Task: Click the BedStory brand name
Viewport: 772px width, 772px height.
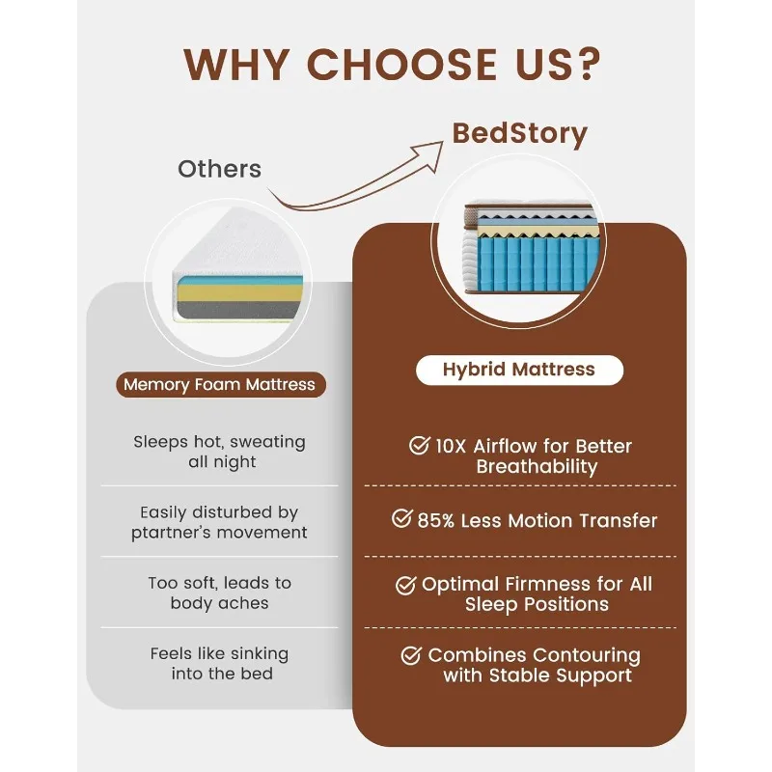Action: tap(520, 133)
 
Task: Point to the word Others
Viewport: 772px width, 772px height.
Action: tap(220, 169)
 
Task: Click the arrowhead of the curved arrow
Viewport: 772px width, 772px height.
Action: tap(430, 153)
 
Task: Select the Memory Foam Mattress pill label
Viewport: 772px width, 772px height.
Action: tap(221, 384)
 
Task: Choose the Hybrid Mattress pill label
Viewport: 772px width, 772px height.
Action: tap(519, 370)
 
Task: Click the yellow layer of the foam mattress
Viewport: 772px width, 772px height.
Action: tap(239, 293)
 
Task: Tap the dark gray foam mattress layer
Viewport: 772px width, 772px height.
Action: tap(238, 310)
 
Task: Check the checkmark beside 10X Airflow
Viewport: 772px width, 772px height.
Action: tap(420, 445)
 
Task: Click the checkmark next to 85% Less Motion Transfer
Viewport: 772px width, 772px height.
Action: tap(402, 518)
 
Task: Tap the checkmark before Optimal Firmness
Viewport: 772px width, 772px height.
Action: tap(406, 585)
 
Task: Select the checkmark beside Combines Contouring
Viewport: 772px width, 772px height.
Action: tap(412, 655)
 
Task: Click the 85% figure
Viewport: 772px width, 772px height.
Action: tap(436, 520)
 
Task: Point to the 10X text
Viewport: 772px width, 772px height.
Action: tap(451, 446)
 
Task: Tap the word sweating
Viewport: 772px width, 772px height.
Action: tap(268, 442)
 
